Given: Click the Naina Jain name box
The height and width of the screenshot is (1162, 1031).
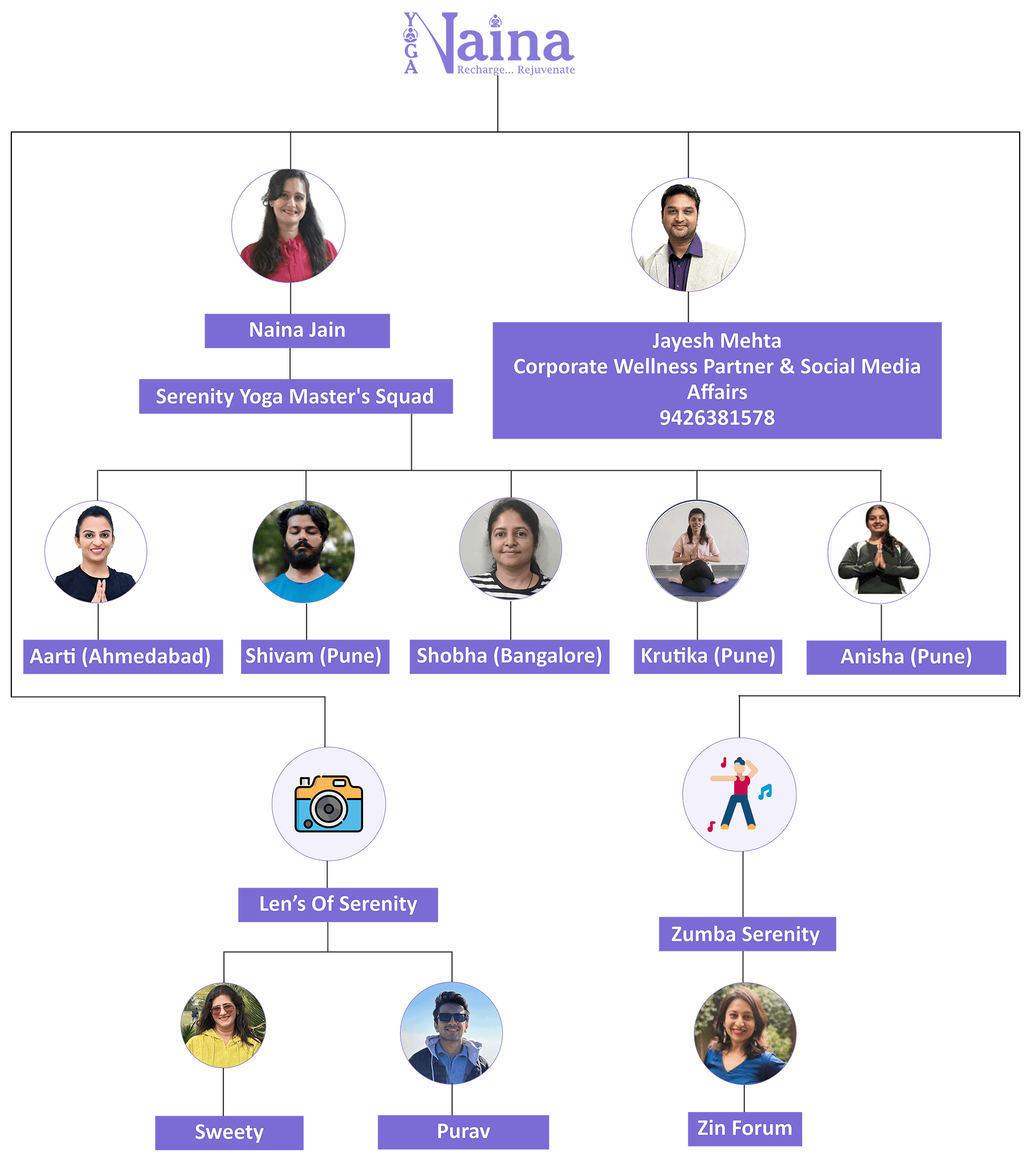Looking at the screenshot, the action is [297, 330].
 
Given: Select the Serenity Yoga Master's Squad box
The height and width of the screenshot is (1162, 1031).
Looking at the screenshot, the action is [295, 396].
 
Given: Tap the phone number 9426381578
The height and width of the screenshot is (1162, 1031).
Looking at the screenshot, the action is [717, 418].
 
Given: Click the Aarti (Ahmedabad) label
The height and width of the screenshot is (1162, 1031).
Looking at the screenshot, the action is [123, 657].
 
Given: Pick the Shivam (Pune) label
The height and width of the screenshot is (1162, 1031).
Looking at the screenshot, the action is [315, 657].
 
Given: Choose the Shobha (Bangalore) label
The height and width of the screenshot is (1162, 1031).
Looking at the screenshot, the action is [509, 657].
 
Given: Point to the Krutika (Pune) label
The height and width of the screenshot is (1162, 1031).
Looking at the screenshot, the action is [708, 657].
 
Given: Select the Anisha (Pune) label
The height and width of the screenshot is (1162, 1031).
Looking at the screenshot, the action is [906, 657].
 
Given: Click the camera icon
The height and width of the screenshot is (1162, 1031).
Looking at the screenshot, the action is [329, 804].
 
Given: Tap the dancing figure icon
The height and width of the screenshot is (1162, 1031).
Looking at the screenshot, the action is [739, 794].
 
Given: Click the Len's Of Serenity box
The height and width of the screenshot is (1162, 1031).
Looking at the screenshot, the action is [338, 904].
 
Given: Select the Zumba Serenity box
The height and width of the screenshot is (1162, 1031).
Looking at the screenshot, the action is [747, 934].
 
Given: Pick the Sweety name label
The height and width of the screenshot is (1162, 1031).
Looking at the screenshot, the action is [229, 1132].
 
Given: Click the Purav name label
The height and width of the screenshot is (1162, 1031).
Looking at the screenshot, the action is [463, 1132].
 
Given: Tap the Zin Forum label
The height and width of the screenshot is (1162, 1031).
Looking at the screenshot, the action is [745, 1129].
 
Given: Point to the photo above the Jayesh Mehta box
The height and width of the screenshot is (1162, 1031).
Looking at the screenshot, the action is [688, 235].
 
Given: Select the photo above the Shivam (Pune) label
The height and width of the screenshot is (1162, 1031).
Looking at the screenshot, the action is [303, 551].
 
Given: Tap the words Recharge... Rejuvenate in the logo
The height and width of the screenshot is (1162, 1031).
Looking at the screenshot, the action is [516, 70].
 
